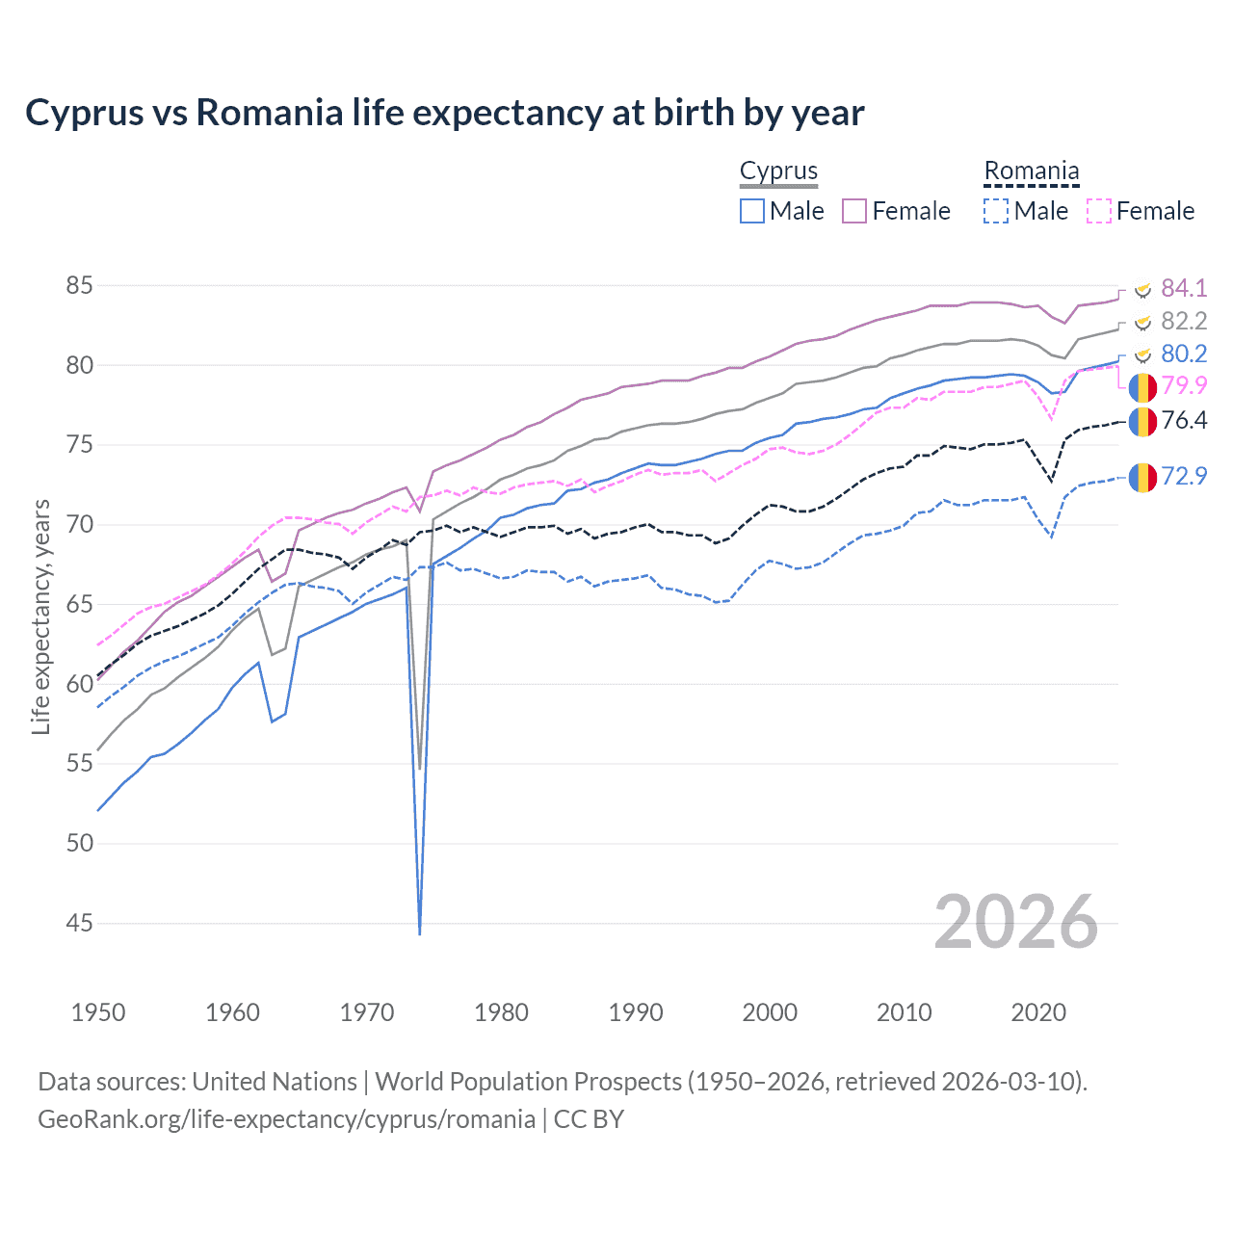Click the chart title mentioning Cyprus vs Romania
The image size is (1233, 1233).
tap(444, 113)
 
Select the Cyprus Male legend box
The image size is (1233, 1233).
tap(752, 211)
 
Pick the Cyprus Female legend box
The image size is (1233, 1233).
tap(854, 211)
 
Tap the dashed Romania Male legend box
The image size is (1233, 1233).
tap(996, 211)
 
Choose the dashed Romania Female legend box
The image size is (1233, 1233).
tap(1098, 211)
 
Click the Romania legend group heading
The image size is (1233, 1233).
tap(1031, 171)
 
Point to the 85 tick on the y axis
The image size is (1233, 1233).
tap(80, 286)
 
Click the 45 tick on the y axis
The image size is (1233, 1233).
tap(80, 923)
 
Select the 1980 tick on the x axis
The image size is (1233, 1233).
tap(501, 1012)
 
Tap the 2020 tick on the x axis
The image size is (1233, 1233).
tap(1038, 1012)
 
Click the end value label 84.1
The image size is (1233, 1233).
tap(1184, 288)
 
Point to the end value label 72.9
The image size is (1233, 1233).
tap(1184, 476)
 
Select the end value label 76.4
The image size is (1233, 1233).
tap(1184, 420)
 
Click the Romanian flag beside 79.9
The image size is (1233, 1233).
tap(1142, 387)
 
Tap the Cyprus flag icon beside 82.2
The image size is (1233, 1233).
tap(1142, 322)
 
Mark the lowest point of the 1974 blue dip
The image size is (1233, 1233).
tap(420, 933)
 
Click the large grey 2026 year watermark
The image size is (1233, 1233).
tap(1016, 922)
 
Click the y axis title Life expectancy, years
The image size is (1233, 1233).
tap(40, 616)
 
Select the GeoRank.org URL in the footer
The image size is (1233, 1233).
tap(286, 1119)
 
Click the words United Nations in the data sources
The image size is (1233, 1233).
tap(275, 1082)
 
